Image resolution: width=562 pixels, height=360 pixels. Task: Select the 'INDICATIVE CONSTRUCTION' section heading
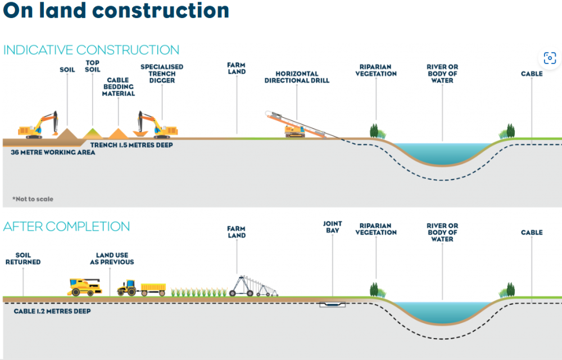(x=92, y=50)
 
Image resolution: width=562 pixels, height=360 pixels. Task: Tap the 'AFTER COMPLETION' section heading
(x=66, y=227)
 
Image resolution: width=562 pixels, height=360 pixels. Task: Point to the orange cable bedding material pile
(x=119, y=133)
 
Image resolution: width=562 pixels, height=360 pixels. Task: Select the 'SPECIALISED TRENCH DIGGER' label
(x=162, y=74)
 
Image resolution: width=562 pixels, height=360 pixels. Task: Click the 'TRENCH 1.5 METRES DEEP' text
(x=132, y=145)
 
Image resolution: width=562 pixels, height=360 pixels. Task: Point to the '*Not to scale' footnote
(x=33, y=199)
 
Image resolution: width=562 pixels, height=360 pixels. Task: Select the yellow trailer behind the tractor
(x=153, y=289)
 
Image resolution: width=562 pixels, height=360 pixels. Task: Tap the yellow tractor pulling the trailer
(x=127, y=287)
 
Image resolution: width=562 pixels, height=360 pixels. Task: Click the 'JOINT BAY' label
(x=332, y=227)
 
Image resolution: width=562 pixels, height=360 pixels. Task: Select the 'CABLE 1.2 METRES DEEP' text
(x=52, y=311)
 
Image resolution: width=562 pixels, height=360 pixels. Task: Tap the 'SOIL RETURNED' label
(x=23, y=259)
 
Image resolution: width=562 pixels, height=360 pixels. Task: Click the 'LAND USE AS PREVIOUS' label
(x=112, y=259)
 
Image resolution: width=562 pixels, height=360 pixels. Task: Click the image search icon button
(x=549, y=58)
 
